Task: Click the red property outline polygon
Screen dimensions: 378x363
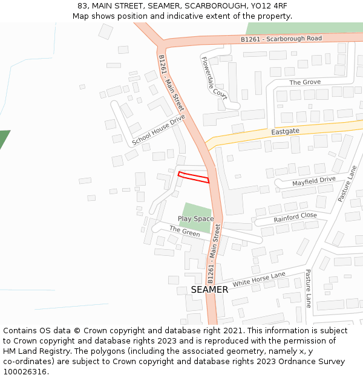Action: click(194, 177)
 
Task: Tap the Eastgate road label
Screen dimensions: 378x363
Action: click(285, 131)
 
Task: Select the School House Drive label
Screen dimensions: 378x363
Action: click(159, 130)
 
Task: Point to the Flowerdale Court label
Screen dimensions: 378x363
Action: click(214, 77)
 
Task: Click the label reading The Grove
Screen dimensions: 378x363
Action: click(305, 82)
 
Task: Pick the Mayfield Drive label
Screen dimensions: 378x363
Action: click(313, 180)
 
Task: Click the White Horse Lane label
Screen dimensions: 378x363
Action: click(259, 279)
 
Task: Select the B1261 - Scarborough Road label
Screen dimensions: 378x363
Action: click(281, 39)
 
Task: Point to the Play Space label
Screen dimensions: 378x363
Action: click(195, 218)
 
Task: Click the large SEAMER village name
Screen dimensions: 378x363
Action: click(209, 290)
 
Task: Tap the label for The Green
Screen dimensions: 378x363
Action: click(185, 232)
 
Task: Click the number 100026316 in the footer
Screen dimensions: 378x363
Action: click(25, 372)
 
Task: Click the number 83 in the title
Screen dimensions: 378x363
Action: click(83, 6)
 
